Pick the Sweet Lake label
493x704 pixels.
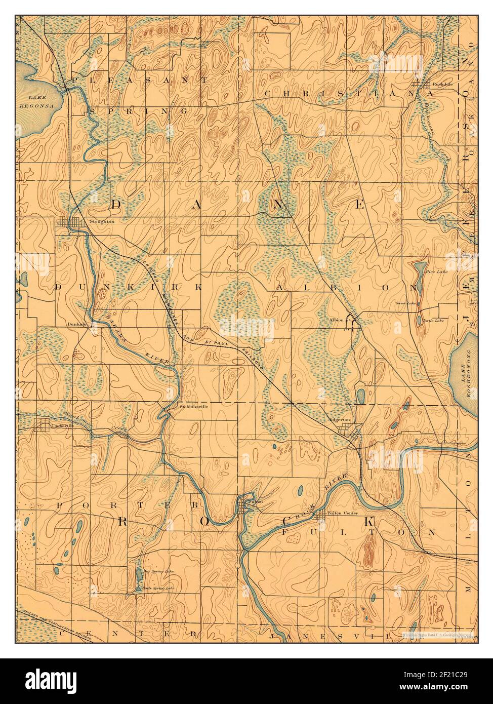[406, 303]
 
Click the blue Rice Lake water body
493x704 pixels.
[419, 276]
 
